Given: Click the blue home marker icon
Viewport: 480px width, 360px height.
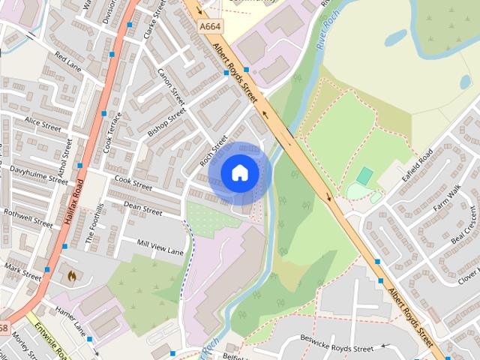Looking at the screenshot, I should click(x=239, y=173).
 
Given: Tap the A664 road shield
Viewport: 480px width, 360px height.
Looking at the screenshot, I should click(x=211, y=26).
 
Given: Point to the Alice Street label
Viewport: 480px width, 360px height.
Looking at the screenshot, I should click(x=43, y=121).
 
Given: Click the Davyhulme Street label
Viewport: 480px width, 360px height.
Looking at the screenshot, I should click(x=38, y=175).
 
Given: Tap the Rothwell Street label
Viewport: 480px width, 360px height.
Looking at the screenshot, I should click(x=28, y=217).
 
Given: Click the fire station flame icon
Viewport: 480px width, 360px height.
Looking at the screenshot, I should click(x=72, y=276).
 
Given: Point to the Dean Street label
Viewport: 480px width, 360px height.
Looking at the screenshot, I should click(x=142, y=208).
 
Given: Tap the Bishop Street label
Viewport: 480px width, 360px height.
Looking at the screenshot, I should click(x=166, y=121).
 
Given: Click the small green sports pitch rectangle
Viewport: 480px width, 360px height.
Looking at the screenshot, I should click(x=364, y=176).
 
